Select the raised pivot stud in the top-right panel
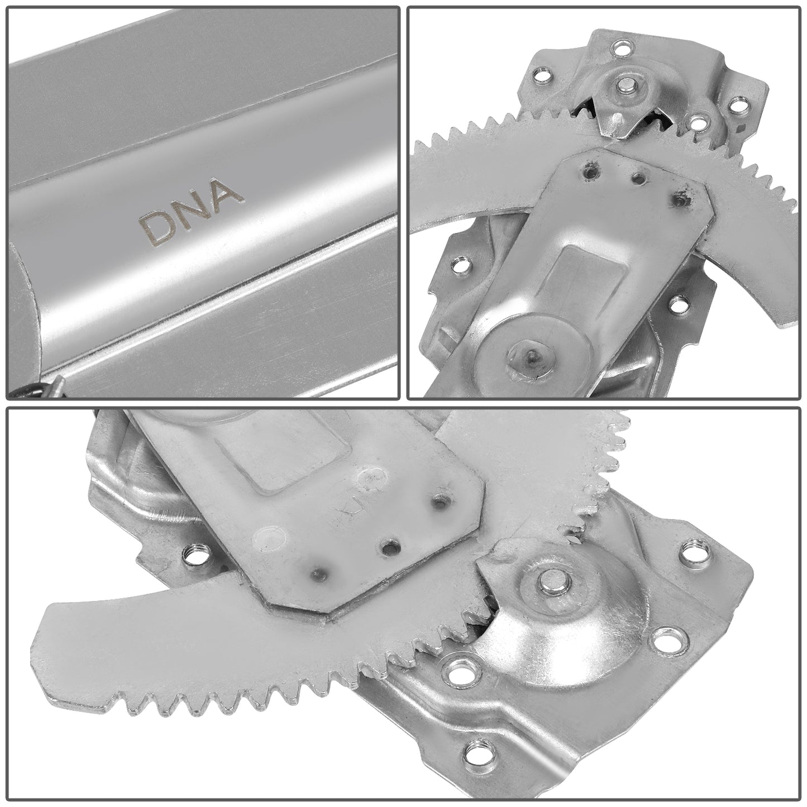(x=623, y=84)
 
